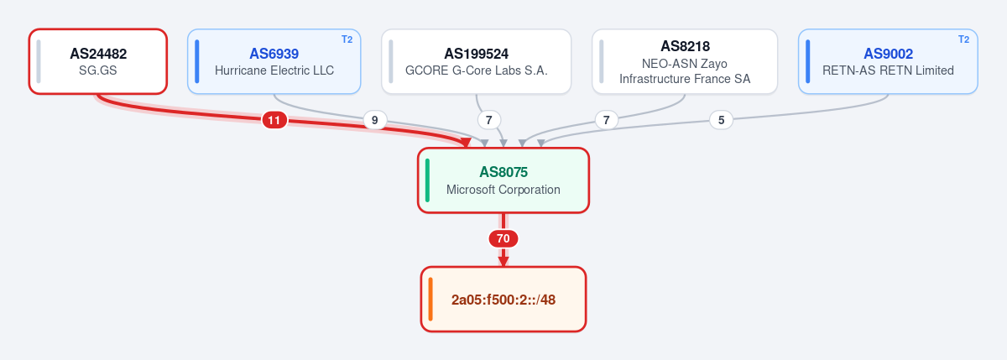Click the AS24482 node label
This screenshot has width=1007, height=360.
tap(98, 54)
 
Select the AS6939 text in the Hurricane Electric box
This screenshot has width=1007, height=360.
tap(274, 54)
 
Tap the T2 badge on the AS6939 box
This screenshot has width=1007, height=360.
tap(347, 39)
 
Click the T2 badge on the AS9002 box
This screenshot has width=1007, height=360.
tap(964, 39)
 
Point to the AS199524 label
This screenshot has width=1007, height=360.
tap(476, 54)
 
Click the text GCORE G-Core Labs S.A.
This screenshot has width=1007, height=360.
tap(476, 70)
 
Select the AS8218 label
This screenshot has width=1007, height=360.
tap(685, 46)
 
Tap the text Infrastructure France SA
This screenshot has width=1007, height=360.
tap(685, 79)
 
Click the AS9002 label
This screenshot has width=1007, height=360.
tap(889, 54)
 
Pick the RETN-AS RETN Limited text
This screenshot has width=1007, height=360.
tap(888, 70)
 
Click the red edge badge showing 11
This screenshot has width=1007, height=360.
tap(274, 121)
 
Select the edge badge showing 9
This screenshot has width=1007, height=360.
tap(374, 121)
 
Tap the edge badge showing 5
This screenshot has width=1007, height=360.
tap(721, 121)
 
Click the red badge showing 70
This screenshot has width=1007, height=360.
tap(503, 238)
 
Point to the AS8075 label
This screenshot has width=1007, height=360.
tap(503, 172)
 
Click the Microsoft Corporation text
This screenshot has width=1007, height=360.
tap(503, 190)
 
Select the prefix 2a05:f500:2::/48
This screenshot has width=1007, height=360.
tap(503, 300)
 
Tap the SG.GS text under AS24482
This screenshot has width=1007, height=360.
tap(98, 70)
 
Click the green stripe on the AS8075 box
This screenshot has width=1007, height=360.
tap(427, 180)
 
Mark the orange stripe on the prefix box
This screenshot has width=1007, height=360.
tap(430, 300)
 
